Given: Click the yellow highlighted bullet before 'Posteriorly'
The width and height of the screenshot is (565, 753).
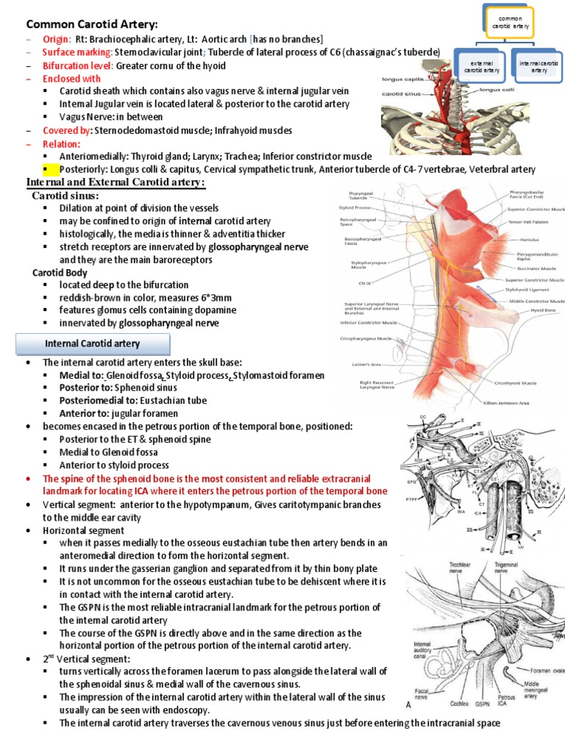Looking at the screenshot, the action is [x=45, y=170].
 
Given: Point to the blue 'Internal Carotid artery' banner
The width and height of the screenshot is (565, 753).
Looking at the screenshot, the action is [x=93, y=343].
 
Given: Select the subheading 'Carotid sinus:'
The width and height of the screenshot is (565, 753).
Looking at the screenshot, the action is [x=65, y=196].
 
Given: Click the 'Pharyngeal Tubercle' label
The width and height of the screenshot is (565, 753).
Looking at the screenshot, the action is [x=359, y=194].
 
